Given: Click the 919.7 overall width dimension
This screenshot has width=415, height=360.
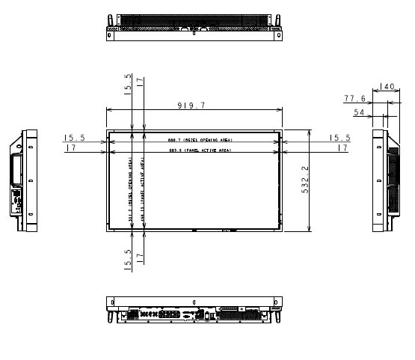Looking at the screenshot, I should [193, 106].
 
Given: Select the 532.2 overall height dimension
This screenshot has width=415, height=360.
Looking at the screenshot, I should [305, 180].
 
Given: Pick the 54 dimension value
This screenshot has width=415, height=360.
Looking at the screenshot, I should [360, 112].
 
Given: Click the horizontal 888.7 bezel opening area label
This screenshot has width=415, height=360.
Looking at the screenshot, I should [193, 140].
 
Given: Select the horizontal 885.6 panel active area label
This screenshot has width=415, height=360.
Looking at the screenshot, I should [193, 150].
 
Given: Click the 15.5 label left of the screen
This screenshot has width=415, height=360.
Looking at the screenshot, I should [73, 138].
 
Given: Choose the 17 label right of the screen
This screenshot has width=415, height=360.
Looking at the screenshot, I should [342, 148].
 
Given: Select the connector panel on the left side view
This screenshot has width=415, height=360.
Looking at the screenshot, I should [15, 200].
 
